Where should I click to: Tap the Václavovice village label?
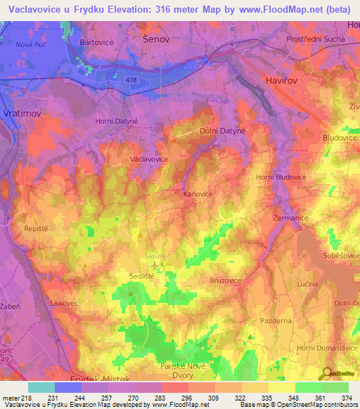[x=149, y=160]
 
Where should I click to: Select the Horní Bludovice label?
[x=281, y=177]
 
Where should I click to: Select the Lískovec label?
[x=44, y=303]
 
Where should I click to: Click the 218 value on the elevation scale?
[x=27, y=398]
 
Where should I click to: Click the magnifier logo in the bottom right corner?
[x=328, y=372]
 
